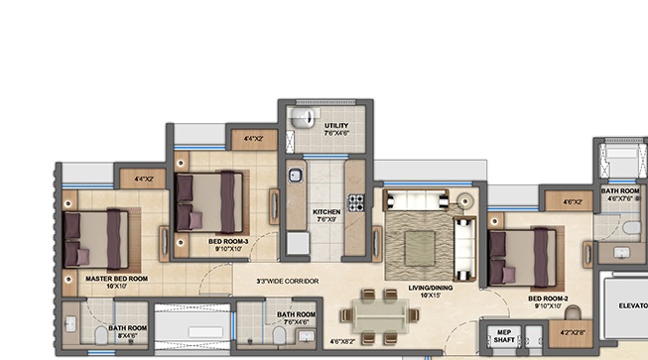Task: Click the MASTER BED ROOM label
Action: coord(116,279)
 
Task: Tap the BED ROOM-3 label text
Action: coord(228,241)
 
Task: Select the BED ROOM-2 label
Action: coord(549,298)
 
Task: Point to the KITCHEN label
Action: coord(326,211)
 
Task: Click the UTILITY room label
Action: coord(336,126)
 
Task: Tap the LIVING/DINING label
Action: coord(430,290)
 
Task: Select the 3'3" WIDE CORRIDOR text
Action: coord(288,282)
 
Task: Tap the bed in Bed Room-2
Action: coord(521,257)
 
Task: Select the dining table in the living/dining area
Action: coord(377,316)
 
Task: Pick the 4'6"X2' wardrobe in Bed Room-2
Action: coord(572,201)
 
